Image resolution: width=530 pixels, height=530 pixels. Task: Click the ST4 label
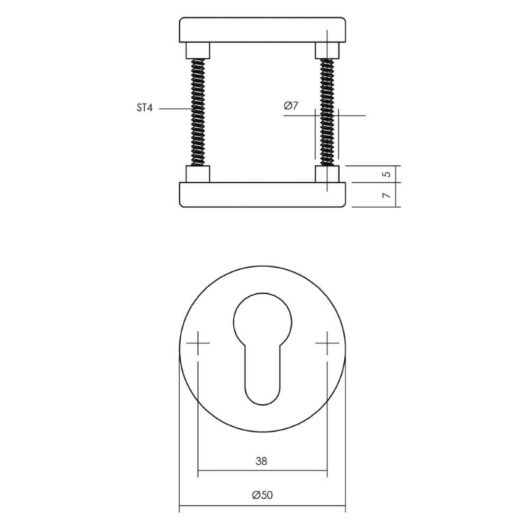coord(144,109)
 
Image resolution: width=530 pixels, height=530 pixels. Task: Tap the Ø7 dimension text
coord(291,106)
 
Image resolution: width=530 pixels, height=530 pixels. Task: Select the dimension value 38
coord(260,461)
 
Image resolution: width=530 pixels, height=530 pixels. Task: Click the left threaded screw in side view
coord(198,111)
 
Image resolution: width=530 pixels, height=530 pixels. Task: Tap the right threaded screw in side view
coord(327,111)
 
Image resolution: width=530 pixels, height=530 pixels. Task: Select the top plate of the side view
coord(263,30)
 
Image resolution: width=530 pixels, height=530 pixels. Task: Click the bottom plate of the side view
coord(263,195)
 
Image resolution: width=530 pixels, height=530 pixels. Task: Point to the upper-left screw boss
coord(198,51)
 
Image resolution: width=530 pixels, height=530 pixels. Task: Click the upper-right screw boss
coord(327,51)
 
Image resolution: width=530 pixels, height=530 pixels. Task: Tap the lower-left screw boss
coord(198,174)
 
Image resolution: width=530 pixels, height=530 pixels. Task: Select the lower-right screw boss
coord(327,174)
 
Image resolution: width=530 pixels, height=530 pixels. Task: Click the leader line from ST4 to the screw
coord(175,109)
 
